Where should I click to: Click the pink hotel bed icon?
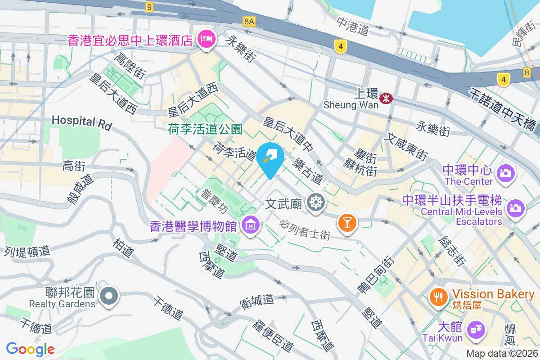tap(207, 37)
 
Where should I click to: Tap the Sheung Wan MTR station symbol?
tap(386, 98)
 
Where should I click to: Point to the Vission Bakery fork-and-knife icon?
tap(437, 296)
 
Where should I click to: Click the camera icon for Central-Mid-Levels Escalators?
tap(516, 208)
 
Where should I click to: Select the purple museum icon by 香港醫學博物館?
tap(251, 224)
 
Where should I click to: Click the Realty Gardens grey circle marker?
tap(108, 296)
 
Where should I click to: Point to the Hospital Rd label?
tap(81, 121)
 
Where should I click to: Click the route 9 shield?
tap(149, 7)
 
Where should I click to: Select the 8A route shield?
tap(249, 21)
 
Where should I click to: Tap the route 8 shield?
tap(527, 72)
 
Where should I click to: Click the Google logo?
tap(30, 349)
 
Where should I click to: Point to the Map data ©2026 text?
tap(502, 353)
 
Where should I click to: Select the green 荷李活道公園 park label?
tap(205, 130)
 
